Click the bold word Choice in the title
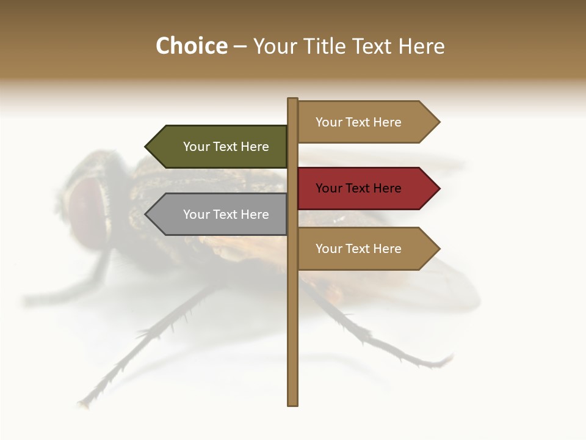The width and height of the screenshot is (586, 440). [x=191, y=46]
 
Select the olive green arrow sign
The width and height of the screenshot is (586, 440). [x=220, y=147]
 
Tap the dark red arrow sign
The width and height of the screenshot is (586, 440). [x=366, y=188]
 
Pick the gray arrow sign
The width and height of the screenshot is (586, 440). [x=220, y=215]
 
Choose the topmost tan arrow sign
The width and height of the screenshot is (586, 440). [x=366, y=122]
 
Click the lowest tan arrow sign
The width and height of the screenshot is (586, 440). [x=366, y=249]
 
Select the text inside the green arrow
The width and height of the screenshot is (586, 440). [x=226, y=147]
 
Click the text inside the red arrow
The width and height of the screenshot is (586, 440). [x=358, y=188]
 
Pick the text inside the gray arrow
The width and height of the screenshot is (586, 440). [x=226, y=215]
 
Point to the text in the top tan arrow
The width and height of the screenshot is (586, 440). [x=358, y=122]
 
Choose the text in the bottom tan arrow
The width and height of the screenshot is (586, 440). [x=358, y=249]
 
